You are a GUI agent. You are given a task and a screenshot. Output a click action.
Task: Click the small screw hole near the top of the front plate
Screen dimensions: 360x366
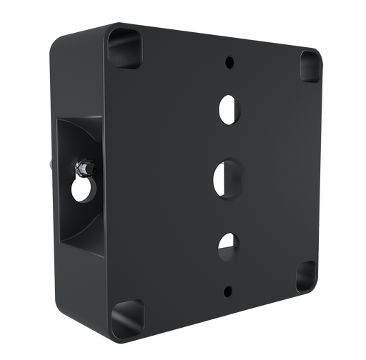click(229, 62)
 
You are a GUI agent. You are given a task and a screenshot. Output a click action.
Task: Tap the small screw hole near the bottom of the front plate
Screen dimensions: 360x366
click(228, 291)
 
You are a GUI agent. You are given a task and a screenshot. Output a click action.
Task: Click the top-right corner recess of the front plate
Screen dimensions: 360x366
click(310, 66)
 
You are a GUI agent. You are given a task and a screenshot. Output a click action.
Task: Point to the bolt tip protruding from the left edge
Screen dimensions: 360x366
click(48, 164)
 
